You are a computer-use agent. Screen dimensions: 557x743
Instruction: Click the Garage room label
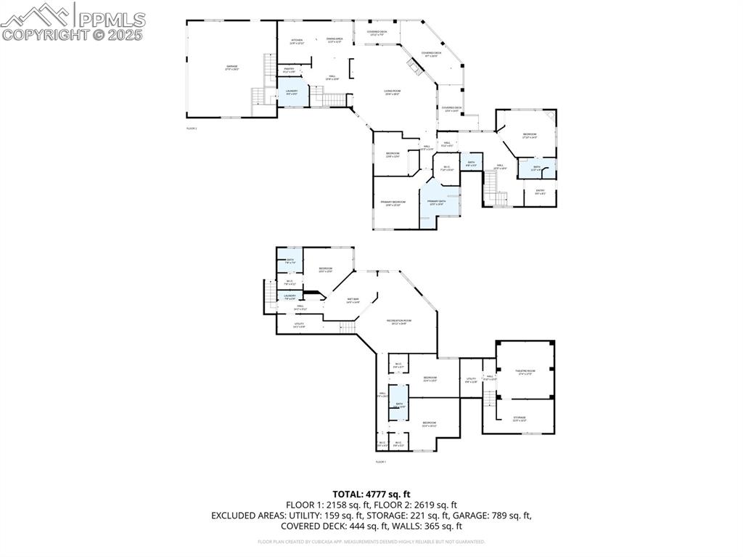point(231,68)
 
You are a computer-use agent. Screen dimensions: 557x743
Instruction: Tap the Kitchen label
point(297,41)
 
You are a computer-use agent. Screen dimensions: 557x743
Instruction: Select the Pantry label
point(289,70)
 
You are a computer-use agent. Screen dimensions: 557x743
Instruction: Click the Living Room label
point(393,92)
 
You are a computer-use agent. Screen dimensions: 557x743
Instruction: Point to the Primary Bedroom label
point(393,203)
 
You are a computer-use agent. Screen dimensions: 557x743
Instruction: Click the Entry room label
point(540,192)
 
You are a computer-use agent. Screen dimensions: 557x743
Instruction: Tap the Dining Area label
point(334,40)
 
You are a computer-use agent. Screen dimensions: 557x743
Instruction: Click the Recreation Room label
point(399,322)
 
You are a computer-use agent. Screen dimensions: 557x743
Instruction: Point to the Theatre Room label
point(524,373)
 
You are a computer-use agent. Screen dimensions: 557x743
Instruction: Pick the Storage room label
point(520,418)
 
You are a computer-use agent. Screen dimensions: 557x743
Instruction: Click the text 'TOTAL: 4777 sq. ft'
point(371,494)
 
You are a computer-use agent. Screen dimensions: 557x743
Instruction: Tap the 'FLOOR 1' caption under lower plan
point(380,462)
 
